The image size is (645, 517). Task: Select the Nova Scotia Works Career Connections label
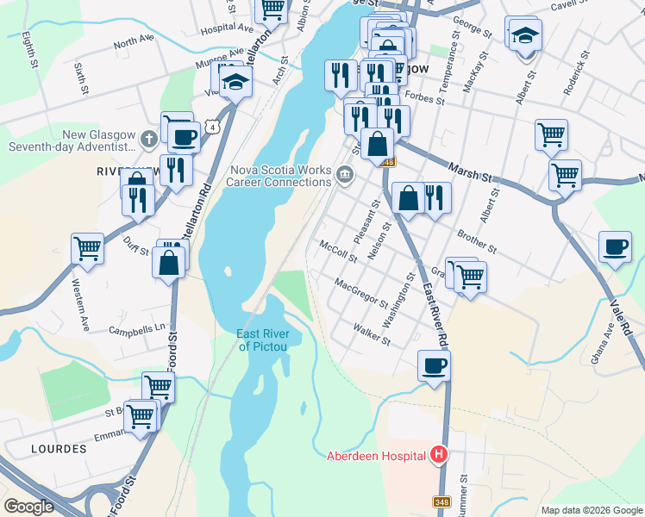279,176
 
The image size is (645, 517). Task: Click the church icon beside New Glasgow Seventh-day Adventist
148,137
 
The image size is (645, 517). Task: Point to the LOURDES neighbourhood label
59,449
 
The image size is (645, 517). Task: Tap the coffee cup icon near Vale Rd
615,247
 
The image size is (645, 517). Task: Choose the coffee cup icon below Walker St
434,365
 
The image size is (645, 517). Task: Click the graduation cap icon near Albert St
523,35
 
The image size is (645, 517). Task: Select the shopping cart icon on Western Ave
88,248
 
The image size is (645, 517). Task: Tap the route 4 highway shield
222,126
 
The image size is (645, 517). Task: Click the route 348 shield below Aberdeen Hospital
441,501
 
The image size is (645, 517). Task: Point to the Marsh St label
469,169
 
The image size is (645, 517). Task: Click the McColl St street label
338,251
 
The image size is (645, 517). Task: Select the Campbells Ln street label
136,329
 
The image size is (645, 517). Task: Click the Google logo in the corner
28,506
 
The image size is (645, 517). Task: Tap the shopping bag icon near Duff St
170,262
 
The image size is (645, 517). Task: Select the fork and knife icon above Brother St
435,198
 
